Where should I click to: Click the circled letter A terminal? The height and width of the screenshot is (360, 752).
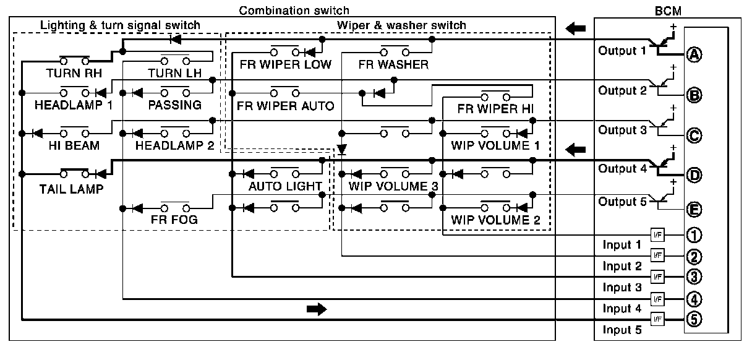[x=694, y=55]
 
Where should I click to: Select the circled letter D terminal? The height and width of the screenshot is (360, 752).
[x=694, y=175]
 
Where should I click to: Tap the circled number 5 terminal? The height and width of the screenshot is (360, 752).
[x=694, y=320]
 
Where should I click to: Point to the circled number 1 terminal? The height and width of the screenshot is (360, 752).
[x=694, y=235]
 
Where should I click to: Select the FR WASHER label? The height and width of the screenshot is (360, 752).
[x=393, y=64]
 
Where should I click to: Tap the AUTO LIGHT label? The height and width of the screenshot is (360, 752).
[x=285, y=186]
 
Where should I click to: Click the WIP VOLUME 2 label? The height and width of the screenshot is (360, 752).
[x=495, y=220]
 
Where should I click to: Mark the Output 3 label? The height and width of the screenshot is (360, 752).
[x=622, y=130]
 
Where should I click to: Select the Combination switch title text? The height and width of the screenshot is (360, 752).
[x=294, y=10]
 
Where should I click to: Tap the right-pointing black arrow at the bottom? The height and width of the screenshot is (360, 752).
[x=316, y=309]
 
